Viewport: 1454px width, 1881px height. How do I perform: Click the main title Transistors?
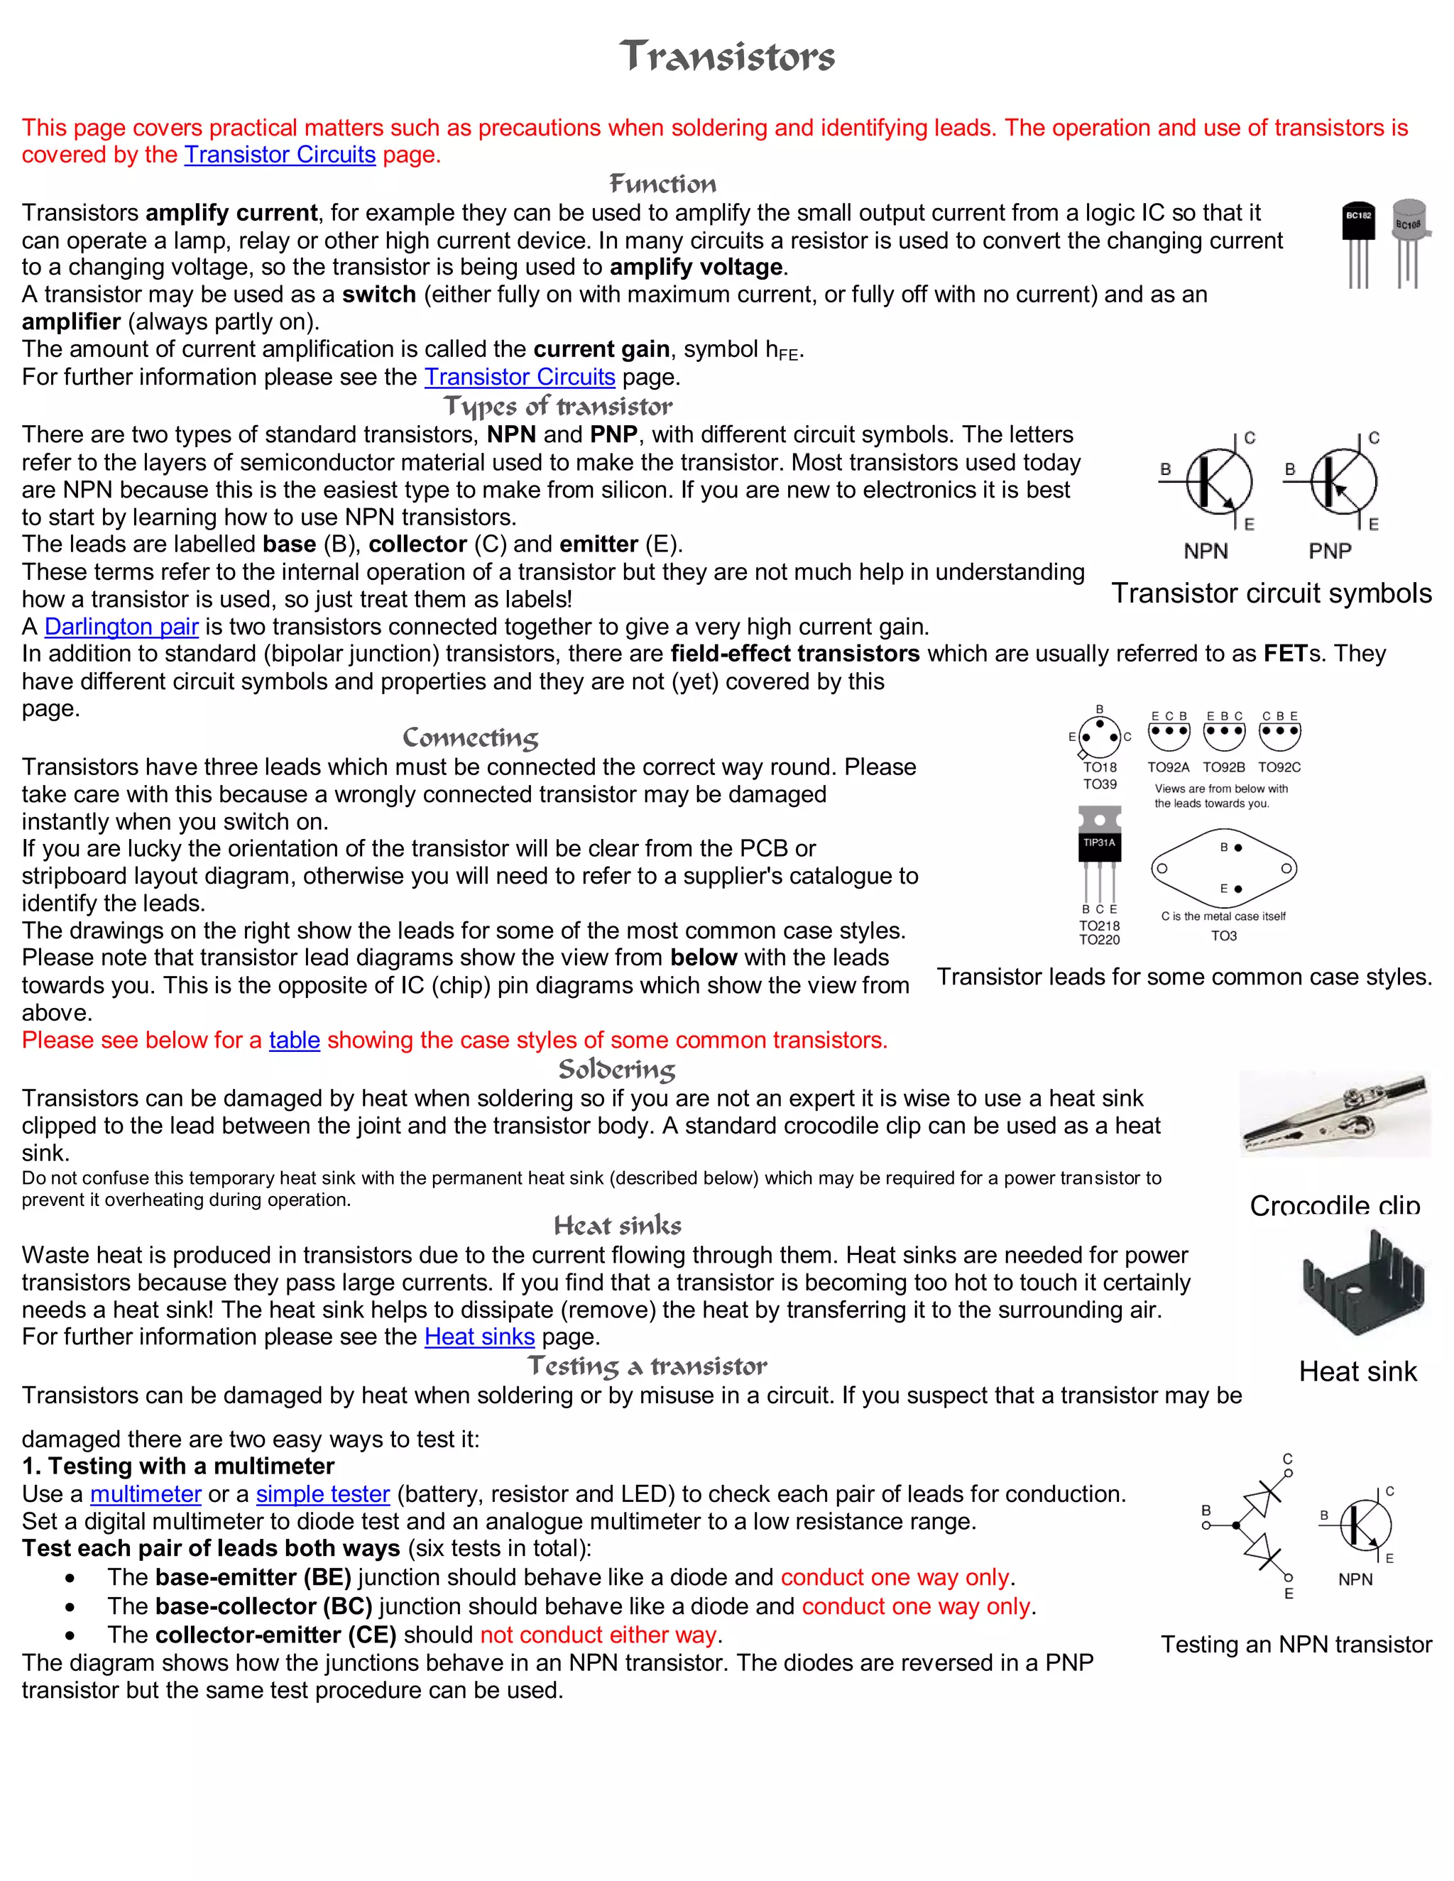[x=727, y=57]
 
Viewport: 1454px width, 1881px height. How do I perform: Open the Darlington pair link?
[x=121, y=626]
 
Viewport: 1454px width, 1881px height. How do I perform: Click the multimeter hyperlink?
[x=146, y=1493]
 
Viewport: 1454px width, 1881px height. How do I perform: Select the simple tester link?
[x=323, y=1493]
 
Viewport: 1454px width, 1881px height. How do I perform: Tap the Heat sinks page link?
[x=479, y=1337]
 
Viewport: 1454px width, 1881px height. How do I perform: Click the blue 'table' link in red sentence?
[x=294, y=1040]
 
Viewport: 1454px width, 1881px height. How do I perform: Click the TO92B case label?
[x=1223, y=767]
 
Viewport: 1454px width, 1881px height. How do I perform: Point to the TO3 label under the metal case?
[x=1223, y=936]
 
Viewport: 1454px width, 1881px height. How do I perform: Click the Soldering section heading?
[x=617, y=1069]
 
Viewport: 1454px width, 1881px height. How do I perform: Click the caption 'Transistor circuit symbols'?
[x=1271, y=593]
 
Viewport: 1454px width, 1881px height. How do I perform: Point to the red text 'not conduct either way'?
[x=598, y=1635]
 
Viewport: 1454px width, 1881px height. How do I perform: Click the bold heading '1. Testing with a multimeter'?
[x=178, y=1466]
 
